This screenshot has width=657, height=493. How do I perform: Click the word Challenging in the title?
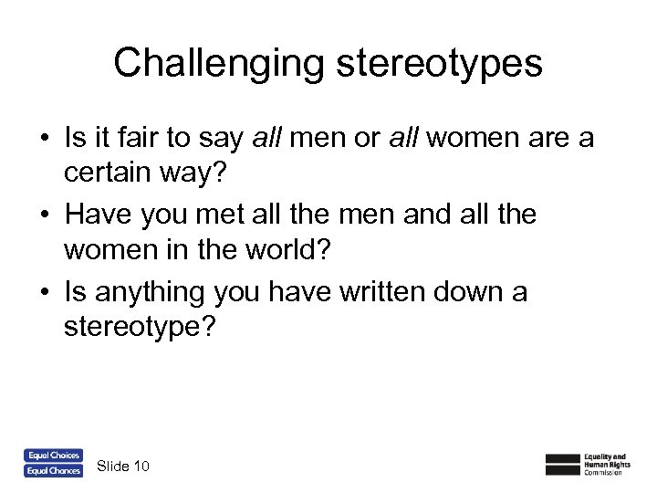(217, 63)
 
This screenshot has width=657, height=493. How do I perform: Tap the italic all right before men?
(266, 138)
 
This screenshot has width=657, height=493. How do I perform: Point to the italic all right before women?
(405, 138)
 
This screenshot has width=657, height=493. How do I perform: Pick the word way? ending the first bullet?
(198, 171)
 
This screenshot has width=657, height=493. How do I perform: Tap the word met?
(235, 215)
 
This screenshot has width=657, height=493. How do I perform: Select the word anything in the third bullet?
(148, 292)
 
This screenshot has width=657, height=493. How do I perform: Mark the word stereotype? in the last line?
(141, 326)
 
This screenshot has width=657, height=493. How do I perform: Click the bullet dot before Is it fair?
(44, 139)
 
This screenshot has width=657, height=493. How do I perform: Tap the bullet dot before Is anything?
(44, 293)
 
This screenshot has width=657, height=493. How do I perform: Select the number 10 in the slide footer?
(141, 467)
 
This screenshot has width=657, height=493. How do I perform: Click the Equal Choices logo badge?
(53, 455)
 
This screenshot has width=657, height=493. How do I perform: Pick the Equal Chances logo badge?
(53, 470)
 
